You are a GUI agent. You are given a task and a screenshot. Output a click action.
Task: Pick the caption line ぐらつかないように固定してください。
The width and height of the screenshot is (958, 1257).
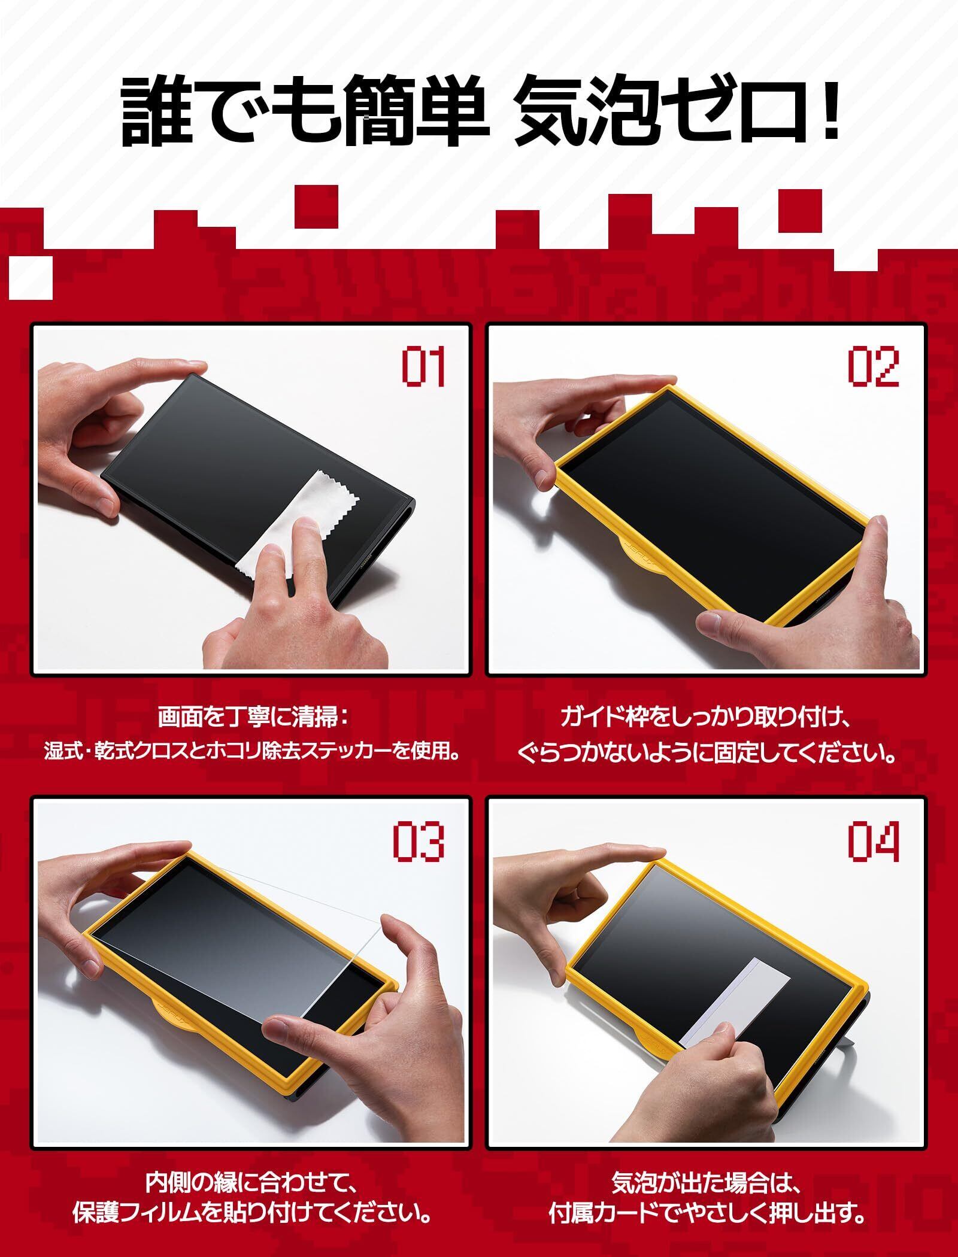[707, 752]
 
